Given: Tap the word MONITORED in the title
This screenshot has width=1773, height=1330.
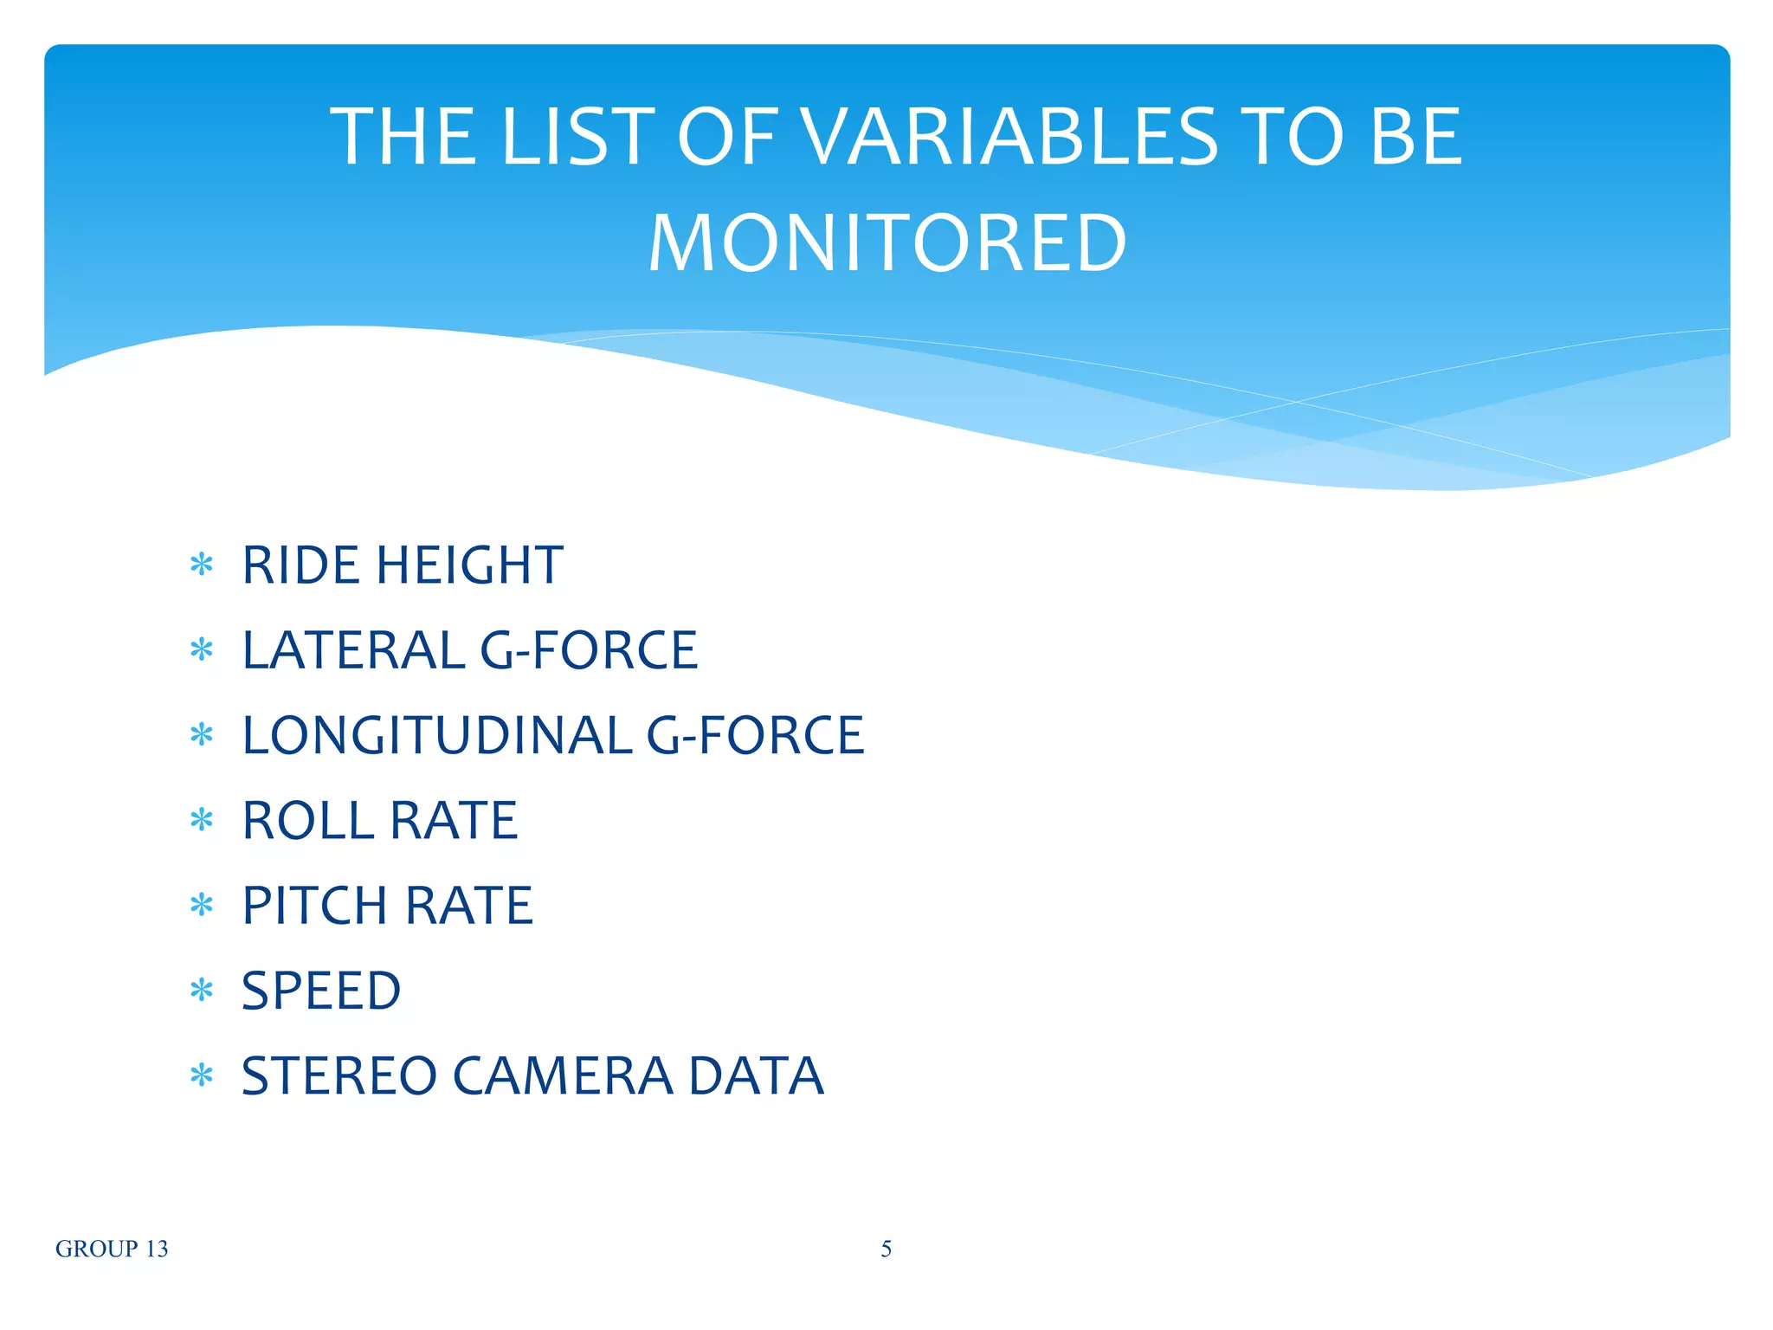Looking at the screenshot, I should tap(887, 243).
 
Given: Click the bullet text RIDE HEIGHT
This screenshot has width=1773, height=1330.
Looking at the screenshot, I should tap(403, 565).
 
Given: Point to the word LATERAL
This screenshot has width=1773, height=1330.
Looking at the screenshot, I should tap(353, 650).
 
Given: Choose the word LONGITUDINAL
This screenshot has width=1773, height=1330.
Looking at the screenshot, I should tap(437, 735).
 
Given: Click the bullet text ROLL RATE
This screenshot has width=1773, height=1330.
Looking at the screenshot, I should tap(379, 820).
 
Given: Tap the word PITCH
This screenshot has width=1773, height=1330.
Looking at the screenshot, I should tap(314, 906).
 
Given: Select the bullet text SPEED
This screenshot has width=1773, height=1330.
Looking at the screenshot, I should tap(320, 991).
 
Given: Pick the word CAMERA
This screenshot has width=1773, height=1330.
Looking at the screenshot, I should tap(563, 1076).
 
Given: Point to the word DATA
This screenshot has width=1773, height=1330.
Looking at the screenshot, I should tap(756, 1076).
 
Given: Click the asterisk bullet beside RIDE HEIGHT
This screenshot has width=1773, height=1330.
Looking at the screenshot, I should tap(202, 565).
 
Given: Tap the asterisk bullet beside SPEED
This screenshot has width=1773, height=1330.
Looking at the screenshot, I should tap(202, 990).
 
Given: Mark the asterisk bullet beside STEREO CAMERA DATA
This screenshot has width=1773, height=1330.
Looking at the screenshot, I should tap(202, 1075).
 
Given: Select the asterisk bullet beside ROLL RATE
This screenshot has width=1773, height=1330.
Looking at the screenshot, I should tap(202, 819).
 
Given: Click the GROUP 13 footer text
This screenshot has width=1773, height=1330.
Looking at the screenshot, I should tap(112, 1249).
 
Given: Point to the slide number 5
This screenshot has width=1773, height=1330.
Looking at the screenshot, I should tap(886, 1249).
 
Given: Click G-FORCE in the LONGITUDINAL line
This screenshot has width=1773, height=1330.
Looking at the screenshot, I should tap(755, 735).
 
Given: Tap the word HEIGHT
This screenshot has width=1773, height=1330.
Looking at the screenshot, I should tap(469, 565).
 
